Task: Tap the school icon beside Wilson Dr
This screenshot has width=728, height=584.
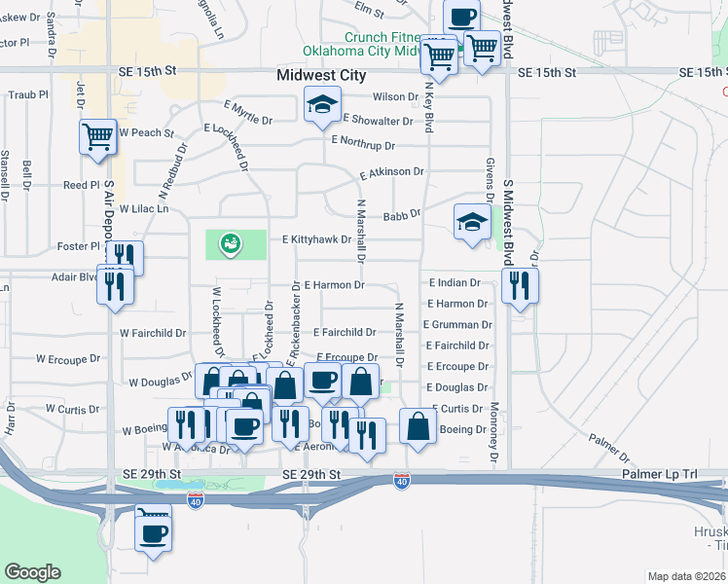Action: [322, 105]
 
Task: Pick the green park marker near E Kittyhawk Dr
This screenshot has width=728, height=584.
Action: [231, 242]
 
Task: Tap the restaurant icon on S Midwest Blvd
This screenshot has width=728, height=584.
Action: [520, 286]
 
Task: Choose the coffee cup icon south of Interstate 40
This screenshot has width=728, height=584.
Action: [154, 531]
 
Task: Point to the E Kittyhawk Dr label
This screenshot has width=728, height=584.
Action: [316, 239]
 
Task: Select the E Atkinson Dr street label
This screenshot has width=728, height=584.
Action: [391, 172]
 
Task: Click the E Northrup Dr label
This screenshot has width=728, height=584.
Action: [363, 142]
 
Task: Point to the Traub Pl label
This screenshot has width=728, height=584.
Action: [28, 95]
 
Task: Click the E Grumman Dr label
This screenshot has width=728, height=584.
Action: [457, 325]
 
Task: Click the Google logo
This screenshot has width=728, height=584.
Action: [33, 572]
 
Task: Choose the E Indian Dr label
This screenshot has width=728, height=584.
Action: [455, 283]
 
